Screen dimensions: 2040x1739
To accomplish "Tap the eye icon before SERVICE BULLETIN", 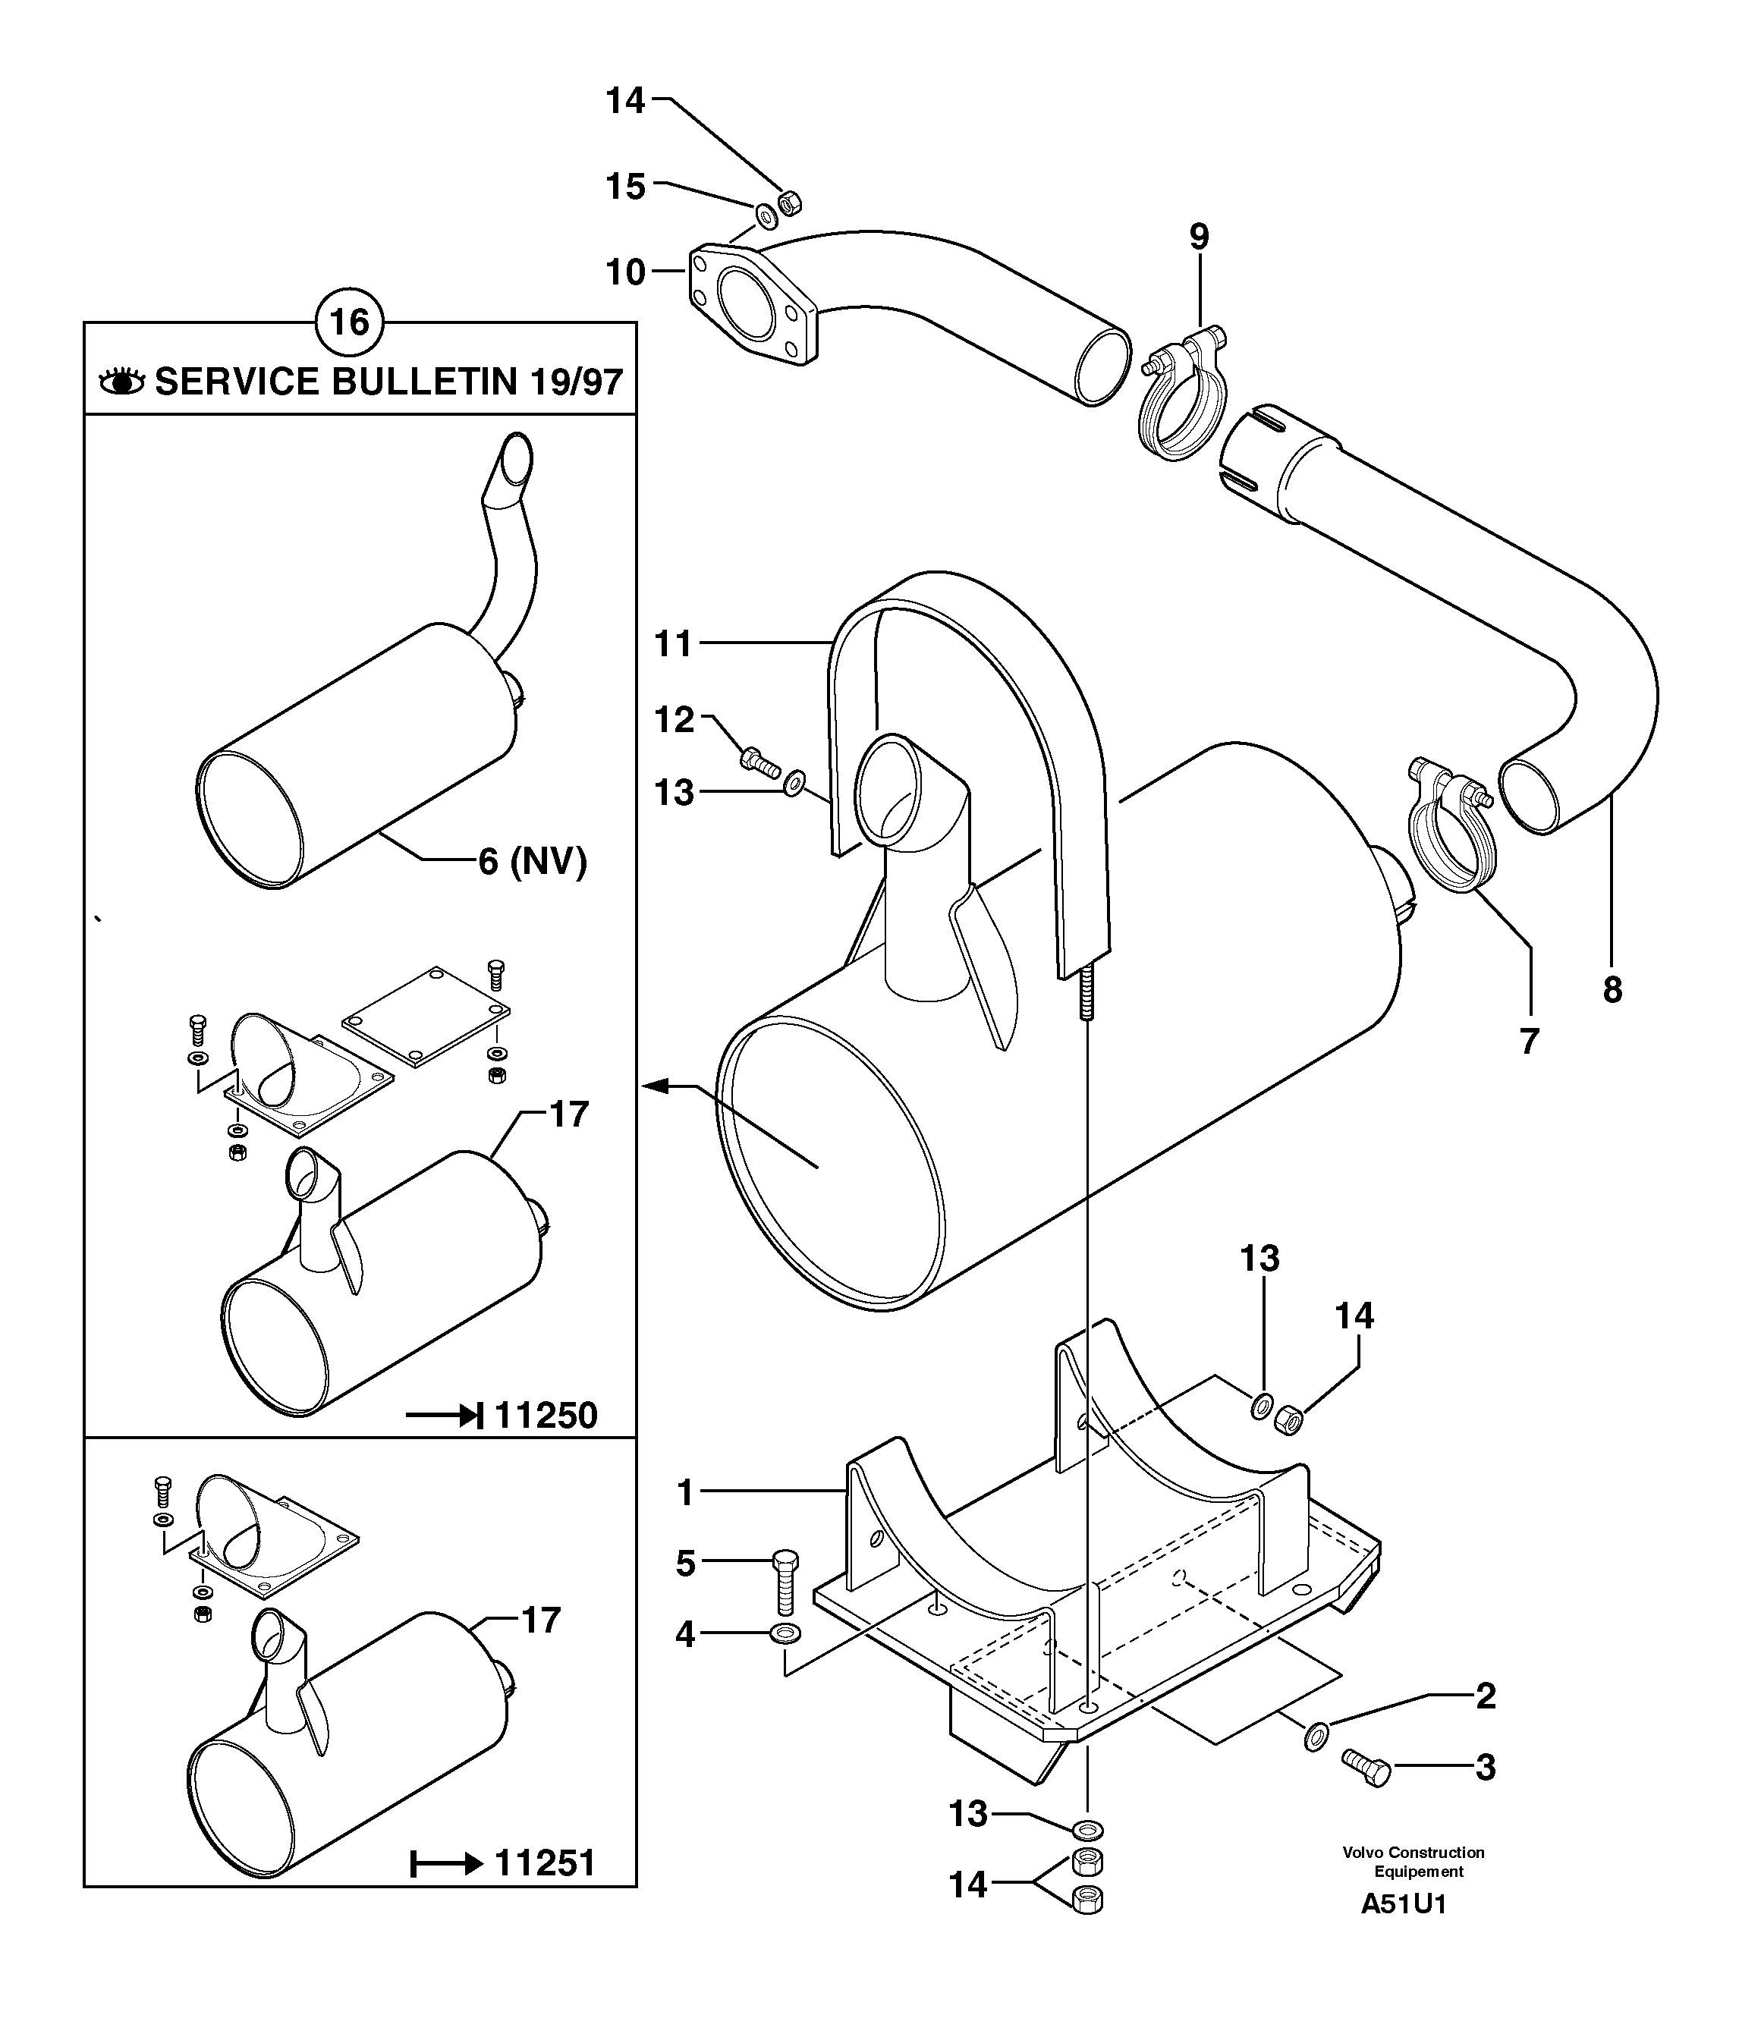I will (x=122, y=381).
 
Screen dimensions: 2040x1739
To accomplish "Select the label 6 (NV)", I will (x=532, y=862).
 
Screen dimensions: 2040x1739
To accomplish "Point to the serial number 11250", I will (x=546, y=1416).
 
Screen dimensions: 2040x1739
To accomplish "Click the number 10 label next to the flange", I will (x=625, y=272).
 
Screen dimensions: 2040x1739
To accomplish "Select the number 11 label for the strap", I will (x=675, y=644).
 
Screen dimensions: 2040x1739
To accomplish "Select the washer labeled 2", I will (x=1315, y=1736).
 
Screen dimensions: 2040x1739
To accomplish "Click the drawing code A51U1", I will (x=1403, y=1931).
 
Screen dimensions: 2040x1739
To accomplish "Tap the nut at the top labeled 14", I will (x=789, y=203).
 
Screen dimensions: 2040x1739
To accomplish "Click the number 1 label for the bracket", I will (x=687, y=1494).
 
